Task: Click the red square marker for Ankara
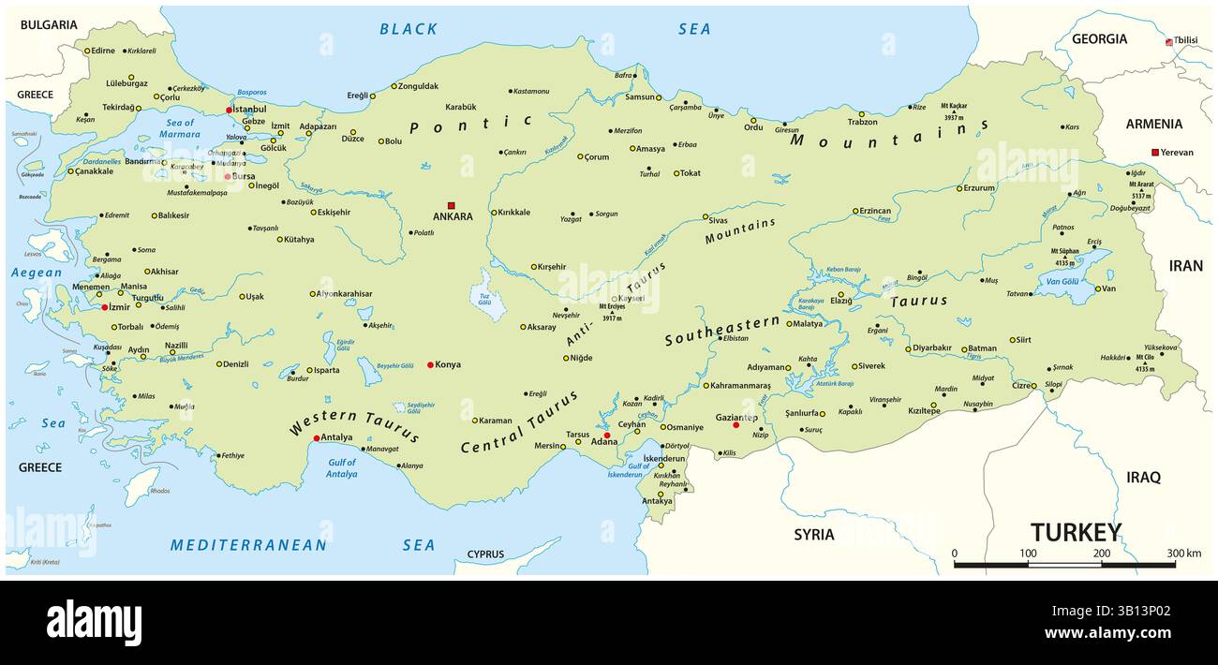click(451, 205)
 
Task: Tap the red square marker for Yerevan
click(1155, 153)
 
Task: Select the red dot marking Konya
click(430, 364)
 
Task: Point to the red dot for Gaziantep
click(735, 425)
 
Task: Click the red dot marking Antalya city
click(317, 437)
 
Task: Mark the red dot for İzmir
click(104, 306)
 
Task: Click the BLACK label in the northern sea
click(408, 29)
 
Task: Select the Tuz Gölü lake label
click(484, 299)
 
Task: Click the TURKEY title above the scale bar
click(1076, 533)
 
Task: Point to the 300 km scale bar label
click(1183, 553)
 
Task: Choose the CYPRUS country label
click(485, 554)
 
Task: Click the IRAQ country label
click(1143, 477)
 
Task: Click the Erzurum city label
click(979, 187)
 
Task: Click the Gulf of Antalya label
click(343, 468)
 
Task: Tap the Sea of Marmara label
click(179, 128)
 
